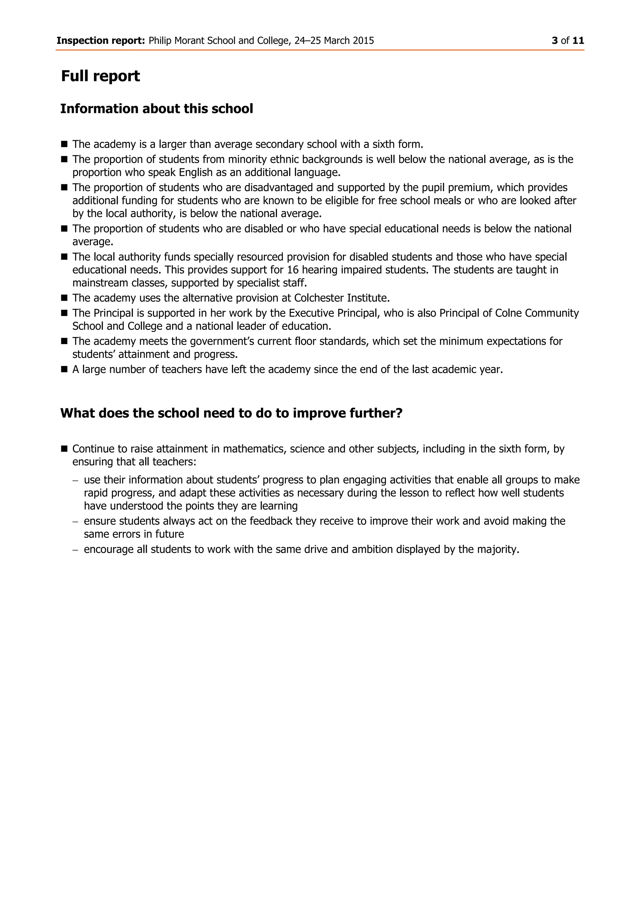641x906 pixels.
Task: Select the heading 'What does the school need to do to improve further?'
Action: (x=231, y=413)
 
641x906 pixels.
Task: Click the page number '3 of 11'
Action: (x=567, y=41)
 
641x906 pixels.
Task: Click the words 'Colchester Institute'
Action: (x=341, y=298)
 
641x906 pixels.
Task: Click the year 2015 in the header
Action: (x=363, y=41)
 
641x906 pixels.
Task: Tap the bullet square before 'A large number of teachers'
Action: (x=64, y=370)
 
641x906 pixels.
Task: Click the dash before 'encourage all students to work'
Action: (x=75, y=550)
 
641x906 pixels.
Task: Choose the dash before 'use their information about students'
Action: (x=75, y=480)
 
